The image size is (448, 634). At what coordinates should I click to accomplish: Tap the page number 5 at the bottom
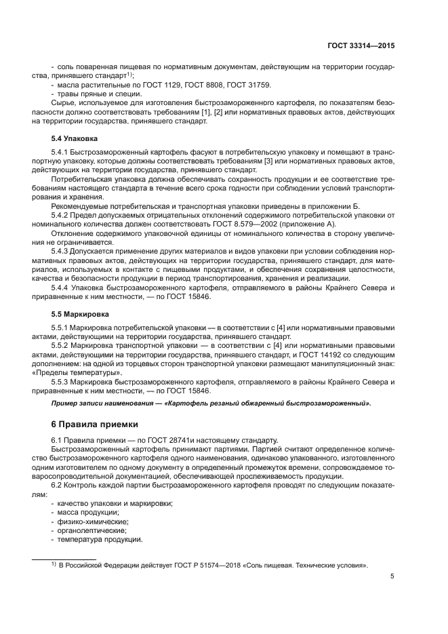tap(392, 577)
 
